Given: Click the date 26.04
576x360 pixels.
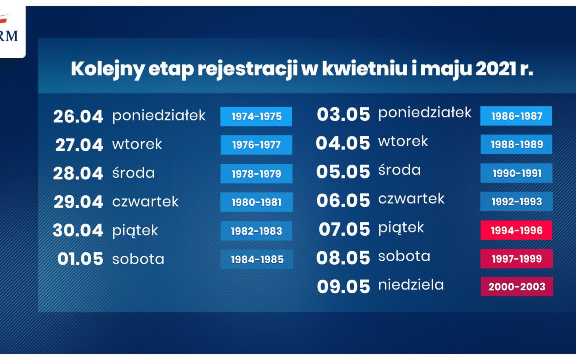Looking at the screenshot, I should pos(78,116).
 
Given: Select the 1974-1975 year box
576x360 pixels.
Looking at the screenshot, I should pos(256,116).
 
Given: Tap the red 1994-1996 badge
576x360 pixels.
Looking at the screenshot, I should pos(516,230).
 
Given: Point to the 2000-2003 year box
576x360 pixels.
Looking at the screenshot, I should pos(517,286).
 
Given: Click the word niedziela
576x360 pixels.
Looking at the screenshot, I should pos(411,285).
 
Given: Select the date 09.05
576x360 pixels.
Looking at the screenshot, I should pos(343,287).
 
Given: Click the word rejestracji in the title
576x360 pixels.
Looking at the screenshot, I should pos(247,69).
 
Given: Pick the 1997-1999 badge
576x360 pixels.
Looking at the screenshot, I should pos(516,259).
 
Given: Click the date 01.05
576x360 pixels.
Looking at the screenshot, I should pos(80,259).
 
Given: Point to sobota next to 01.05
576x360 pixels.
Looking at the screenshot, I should pos(138,259).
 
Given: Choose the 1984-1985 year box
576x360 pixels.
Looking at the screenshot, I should pos(257,259).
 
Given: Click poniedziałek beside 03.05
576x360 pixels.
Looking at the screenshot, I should pos(425,113).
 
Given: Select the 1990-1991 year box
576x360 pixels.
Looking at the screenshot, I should pos(516,173).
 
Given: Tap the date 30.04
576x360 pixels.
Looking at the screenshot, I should pos(78,230).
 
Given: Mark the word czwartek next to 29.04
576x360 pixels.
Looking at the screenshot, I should pos(145,202).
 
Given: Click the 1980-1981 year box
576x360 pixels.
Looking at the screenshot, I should pos(256,202).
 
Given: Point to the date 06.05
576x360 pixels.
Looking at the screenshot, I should pos(343,200).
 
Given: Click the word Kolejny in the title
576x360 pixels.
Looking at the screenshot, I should pos(107,69).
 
